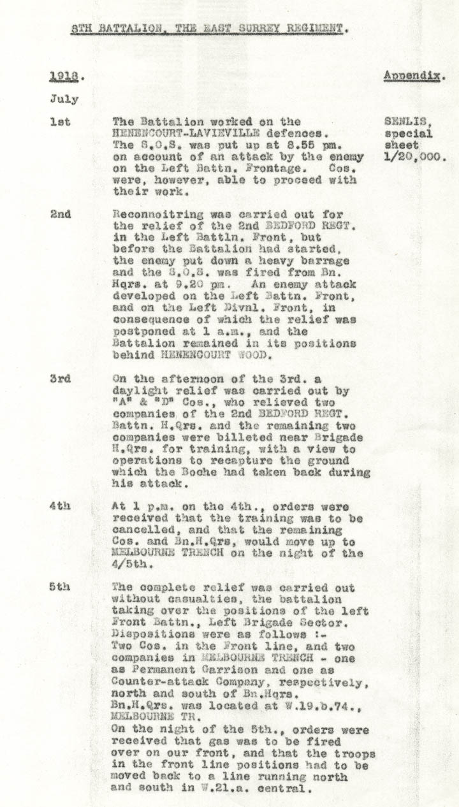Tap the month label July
[x=64, y=99]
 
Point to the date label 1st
[x=60, y=122]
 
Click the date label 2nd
[x=61, y=214]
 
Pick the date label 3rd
[x=61, y=379]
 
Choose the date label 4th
[x=61, y=507]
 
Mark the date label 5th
[x=61, y=587]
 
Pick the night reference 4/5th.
[x=130, y=564]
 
